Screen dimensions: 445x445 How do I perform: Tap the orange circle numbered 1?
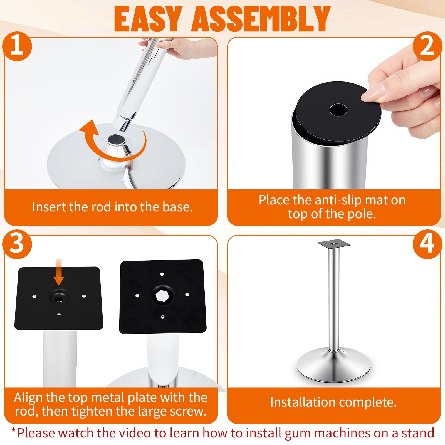tap(17, 46)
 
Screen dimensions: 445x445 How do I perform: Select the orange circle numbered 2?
tap(427, 46)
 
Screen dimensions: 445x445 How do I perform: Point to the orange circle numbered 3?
tap(17, 244)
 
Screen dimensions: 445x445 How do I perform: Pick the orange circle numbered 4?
tap(427, 244)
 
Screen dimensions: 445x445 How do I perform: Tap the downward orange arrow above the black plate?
tap(58, 272)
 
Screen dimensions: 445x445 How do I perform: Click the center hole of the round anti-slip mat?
tap(338, 110)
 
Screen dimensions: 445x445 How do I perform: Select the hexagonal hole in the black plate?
tap(161, 295)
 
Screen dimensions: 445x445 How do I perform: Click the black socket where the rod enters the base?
tap(116, 139)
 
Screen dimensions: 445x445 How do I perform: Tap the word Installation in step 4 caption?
tap(303, 402)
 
